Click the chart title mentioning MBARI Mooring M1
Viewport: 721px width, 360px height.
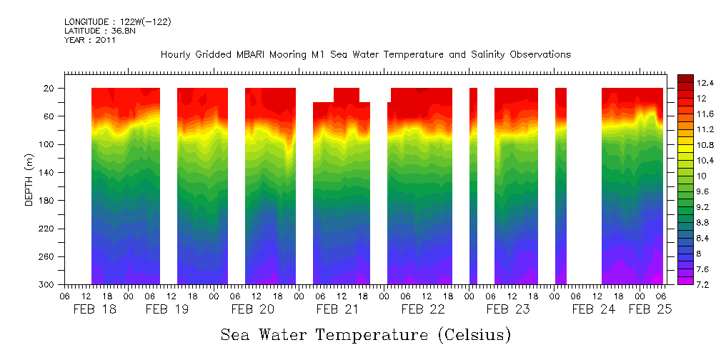365,54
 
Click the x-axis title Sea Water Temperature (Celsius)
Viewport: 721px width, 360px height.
365,334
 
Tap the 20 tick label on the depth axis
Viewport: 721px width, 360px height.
50,89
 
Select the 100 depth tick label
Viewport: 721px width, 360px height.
48,145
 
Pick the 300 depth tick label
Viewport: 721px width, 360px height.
48,285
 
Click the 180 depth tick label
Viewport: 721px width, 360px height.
48,201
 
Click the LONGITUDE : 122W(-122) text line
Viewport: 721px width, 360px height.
117,22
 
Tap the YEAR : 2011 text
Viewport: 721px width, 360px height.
89,41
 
